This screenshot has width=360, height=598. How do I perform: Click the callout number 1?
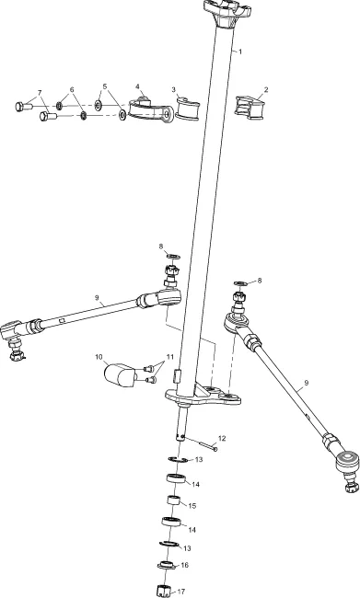pyautogui.click(x=240, y=52)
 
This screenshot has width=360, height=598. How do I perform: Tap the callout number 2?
pyautogui.click(x=266, y=89)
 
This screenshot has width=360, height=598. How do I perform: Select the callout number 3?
pyautogui.click(x=174, y=89)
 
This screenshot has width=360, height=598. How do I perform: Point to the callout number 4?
pyautogui.click(x=137, y=86)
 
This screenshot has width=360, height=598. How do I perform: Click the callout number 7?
pyautogui.click(x=40, y=93)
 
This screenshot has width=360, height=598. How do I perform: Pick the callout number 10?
pyautogui.click(x=99, y=357)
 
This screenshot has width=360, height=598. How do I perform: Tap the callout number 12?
pyautogui.click(x=222, y=438)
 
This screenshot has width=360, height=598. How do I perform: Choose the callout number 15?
pyautogui.click(x=192, y=506)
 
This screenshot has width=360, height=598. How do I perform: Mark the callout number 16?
pyautogui.click(x=185, y=565)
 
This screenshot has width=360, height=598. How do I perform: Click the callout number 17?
pyautogui.click(x=181, y=592)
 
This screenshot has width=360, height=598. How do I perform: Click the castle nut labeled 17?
pyautogui.click(x=163, y=591)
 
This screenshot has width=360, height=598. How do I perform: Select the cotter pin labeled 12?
pyautogui.click(x=202, y=443)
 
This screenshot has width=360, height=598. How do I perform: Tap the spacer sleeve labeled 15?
pyautogui.click(x=174, y=500)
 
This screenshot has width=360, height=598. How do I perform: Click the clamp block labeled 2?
pyautogui.click(x=250, y=108)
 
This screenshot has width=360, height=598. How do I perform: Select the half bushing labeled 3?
pyautogui.click(x=188, y=109)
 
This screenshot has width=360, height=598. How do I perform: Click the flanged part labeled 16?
pyautogui.click(x=167, y=565)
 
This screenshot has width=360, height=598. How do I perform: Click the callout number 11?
pyautogui.click(x=169, y=357)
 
